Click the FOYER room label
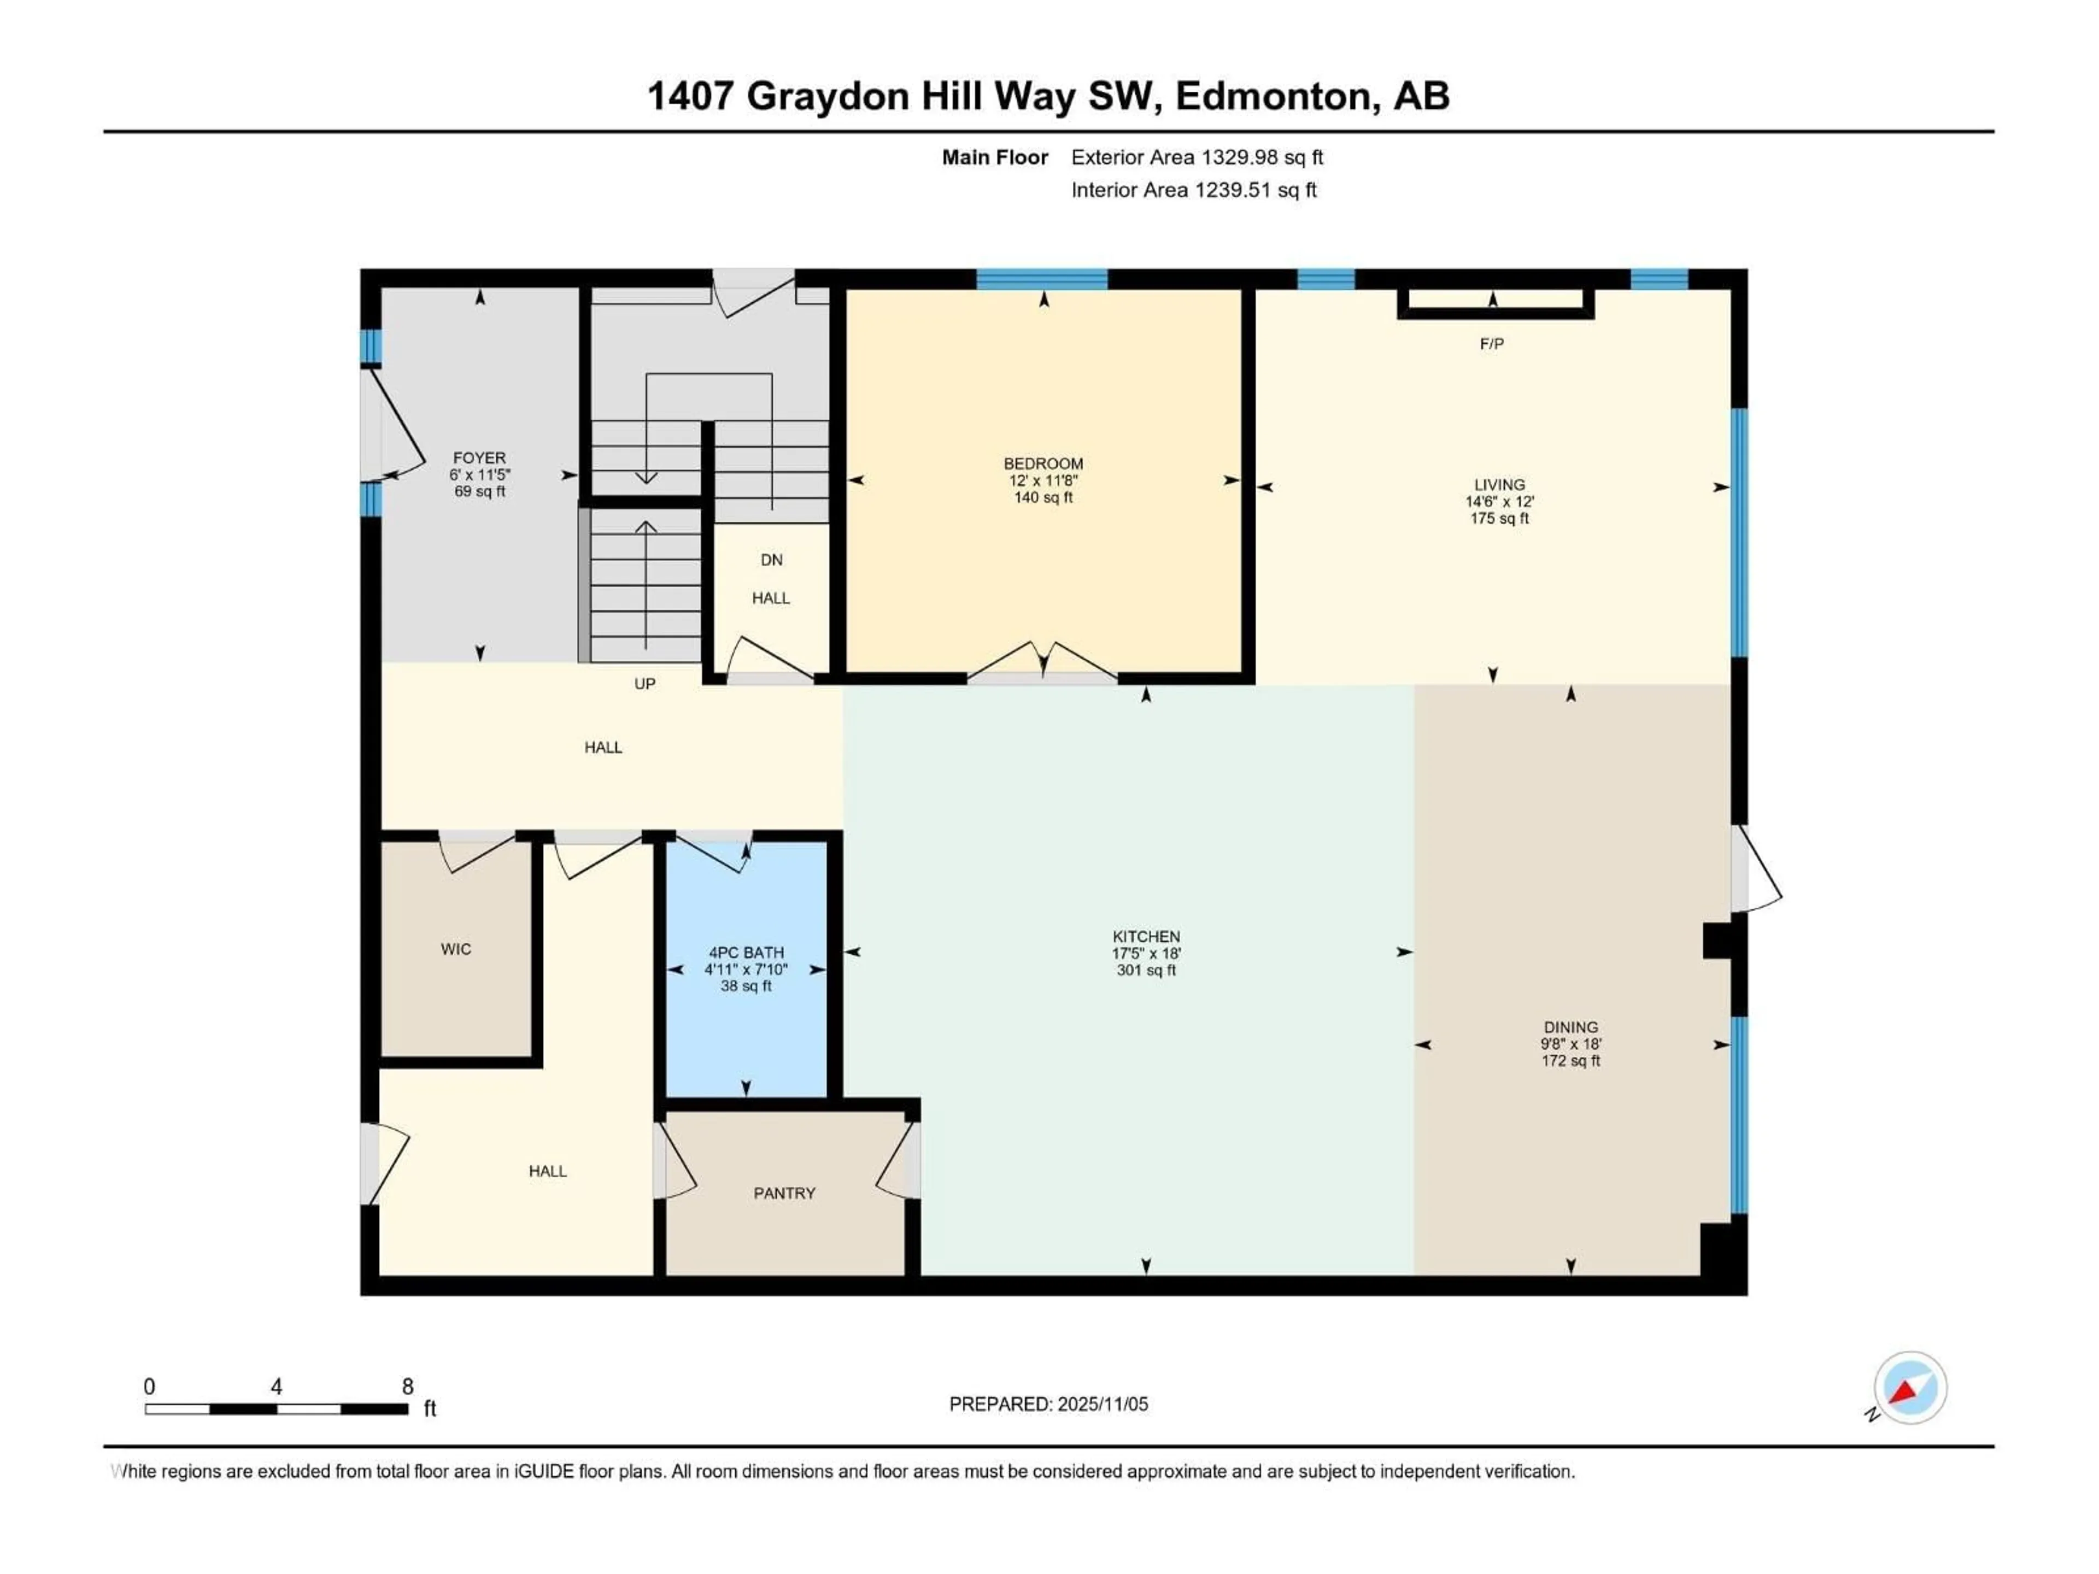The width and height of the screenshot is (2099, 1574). (479, 457)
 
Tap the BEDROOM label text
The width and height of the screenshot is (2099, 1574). (1043, 463)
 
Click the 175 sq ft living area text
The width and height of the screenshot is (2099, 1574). (1499, 518)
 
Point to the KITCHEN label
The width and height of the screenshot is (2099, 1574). (1146, 936)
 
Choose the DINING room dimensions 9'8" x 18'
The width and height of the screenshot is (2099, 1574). (1570, 1044)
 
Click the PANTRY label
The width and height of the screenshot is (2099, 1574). (784, 1193)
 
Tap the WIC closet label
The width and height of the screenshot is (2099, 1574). (455, 949)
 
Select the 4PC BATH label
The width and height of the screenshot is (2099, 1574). (746, 953)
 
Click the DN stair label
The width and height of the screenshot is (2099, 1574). (771, 560)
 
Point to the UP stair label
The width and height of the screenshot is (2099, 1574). (644, 683)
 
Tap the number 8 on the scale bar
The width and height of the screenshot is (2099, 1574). (408, 1386)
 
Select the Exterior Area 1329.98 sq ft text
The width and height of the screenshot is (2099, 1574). (1197, 157)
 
